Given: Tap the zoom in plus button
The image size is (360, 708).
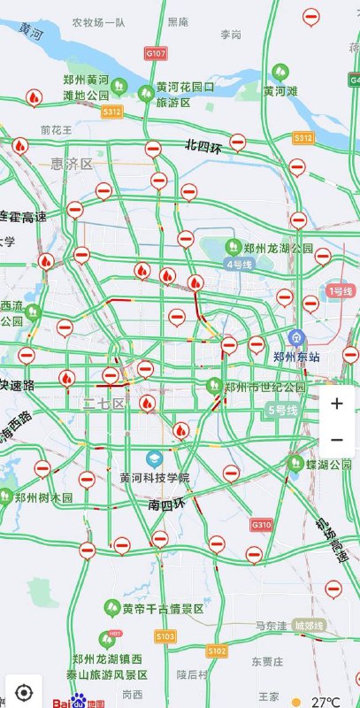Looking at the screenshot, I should click(337, 404).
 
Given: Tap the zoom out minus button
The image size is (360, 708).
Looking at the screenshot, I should click(337, 439).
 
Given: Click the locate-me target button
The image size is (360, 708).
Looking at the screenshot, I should click(24, 690).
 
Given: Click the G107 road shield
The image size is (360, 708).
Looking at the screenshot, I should click(156, 54).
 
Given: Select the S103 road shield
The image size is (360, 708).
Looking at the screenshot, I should click(165, 635).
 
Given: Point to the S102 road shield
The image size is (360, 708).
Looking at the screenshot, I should click(218, 650).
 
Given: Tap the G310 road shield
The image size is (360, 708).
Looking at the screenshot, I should click(262, 525).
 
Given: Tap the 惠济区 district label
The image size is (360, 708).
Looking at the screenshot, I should click(72, 164).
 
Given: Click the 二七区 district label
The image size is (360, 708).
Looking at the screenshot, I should click(103, 404).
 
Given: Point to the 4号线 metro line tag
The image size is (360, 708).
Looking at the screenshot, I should click(240, 264).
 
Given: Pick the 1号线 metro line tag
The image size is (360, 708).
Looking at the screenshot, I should click(341, 290).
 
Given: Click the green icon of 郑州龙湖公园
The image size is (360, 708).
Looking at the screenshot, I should click(234, 247).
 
